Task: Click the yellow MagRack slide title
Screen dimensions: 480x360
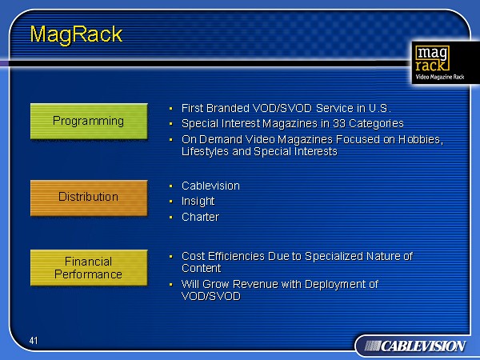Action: pos(76,34)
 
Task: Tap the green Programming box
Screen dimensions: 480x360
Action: pos(89,122)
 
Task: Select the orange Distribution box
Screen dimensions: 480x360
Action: pos(89,198)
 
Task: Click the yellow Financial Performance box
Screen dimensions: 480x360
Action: pos(89,268)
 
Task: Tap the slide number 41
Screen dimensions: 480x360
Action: pos(34,341)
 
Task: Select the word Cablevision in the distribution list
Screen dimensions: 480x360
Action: pos(210,186)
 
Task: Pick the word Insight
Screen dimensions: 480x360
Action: pos(198,201)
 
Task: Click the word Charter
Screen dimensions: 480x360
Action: pos(200,217)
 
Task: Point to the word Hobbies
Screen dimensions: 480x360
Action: pos(421,139)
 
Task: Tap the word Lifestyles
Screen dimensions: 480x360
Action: pos(205,151)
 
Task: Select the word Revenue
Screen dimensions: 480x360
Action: pos(255,284)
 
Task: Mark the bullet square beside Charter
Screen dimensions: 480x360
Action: pos(171,218)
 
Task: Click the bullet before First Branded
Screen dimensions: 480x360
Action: pos(171,108)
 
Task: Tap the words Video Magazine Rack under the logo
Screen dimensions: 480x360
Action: pos(439,77)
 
